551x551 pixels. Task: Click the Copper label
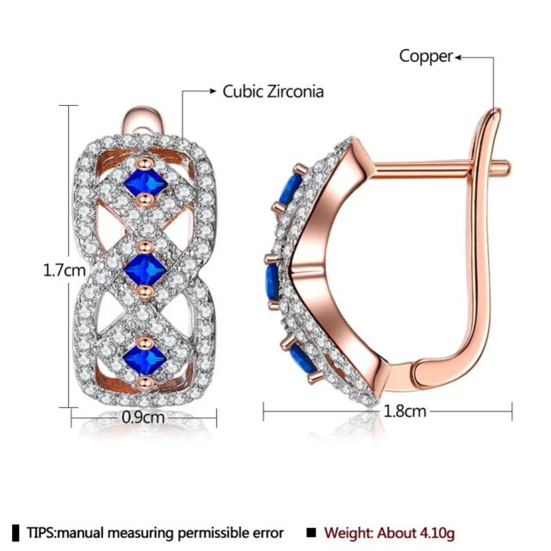[426, 57]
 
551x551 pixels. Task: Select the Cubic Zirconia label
[273, 92]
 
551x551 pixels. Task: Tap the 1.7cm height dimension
[65, 270]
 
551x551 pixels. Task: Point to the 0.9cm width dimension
[143, 418]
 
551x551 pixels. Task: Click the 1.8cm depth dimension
[405, 411]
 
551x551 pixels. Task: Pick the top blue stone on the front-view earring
[145, 183]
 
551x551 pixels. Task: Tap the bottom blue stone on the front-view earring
[145, 359]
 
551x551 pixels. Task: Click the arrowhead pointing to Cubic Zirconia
[213, 91]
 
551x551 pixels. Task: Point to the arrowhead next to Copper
[458, 58]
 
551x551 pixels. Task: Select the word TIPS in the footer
[40, 533]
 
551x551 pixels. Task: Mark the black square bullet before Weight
[311, 533]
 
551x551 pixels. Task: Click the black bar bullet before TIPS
[15, 533]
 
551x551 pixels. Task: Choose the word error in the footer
[268, 533]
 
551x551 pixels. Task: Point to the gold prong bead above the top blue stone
[145, 163]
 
